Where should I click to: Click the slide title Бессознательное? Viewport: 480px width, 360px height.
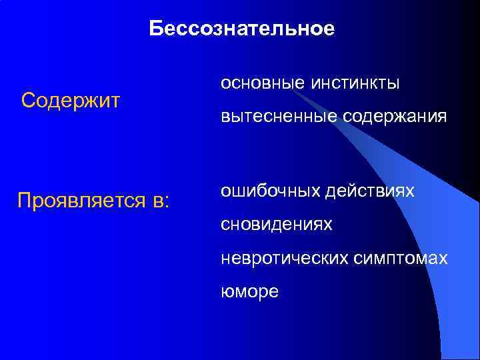tap(241, 29)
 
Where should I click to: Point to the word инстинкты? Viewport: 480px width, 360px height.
tap(355, 83)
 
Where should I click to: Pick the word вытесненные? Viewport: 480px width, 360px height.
tap(278, 117)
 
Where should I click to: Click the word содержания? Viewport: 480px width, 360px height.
tap(394, 117)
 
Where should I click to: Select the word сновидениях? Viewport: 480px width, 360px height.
tap(277, 225)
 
